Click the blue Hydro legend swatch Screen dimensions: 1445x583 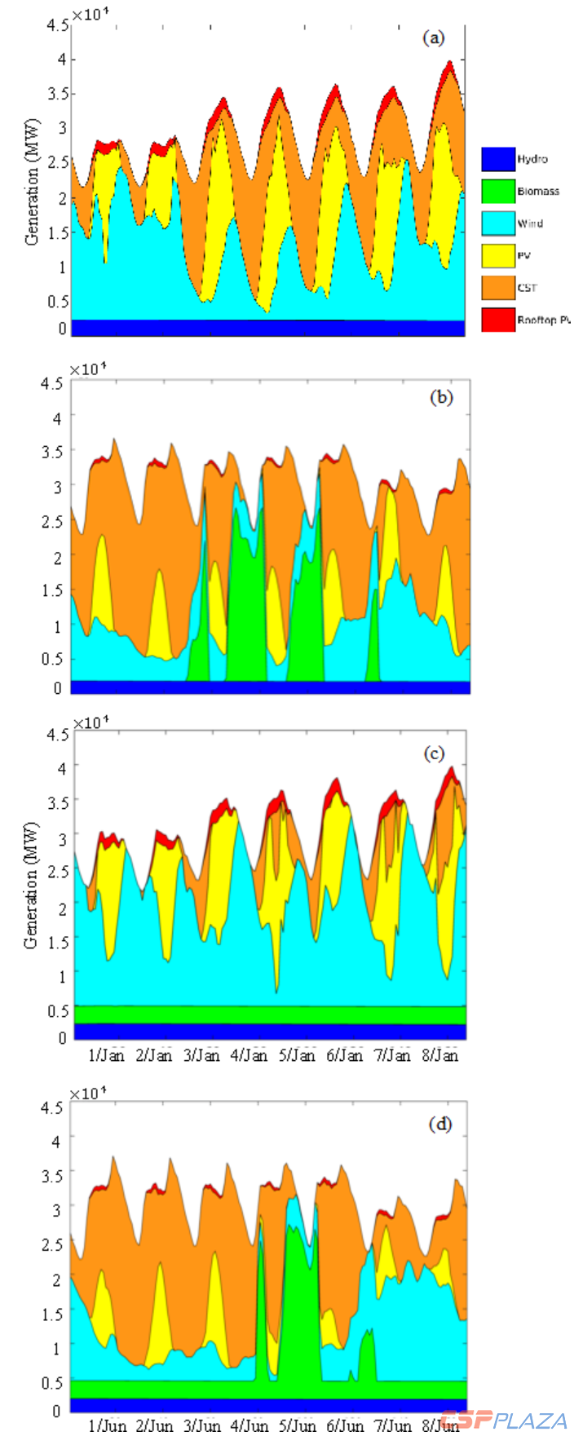498,159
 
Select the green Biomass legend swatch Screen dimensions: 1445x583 498,192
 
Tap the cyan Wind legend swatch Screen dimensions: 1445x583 498,223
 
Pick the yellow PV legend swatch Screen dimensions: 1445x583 498,256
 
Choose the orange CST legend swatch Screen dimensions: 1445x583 498,288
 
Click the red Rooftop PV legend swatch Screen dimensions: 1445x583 498,320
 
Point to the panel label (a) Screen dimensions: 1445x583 433,38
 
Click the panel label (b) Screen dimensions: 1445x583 440,398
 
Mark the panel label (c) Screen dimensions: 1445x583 434,753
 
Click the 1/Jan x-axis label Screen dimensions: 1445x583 107,1055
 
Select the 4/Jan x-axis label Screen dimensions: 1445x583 250,1055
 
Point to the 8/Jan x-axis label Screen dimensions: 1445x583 439,1055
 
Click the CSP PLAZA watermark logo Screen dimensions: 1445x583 504,1420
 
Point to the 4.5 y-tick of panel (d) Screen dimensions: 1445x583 51,1107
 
